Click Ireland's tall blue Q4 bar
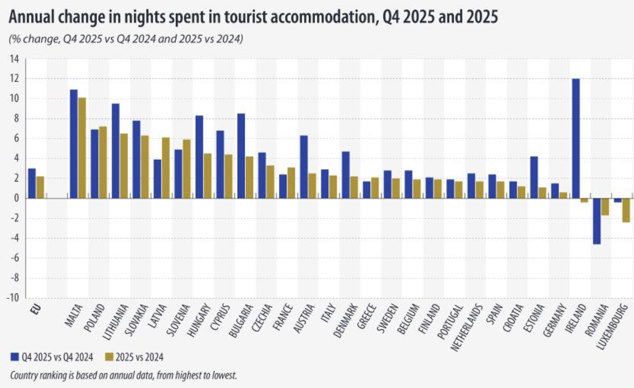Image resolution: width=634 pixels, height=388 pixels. click(x=576, y=139)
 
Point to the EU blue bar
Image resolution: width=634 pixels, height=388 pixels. click(x=31, y=184)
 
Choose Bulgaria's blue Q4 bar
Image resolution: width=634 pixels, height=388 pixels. click(x=241, y=156)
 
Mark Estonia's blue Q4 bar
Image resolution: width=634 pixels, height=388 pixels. click(x=534, y=177)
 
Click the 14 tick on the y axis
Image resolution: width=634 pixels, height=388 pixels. click(x=14, y=59)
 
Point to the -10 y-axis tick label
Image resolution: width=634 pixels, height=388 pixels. click(x=13, y=298)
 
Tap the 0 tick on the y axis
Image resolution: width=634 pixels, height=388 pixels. click(x=16, y=198)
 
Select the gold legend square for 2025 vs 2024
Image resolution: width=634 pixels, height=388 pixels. click(x=108, y=357)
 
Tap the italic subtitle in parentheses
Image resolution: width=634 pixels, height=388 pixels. click(x=125, y=39)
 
